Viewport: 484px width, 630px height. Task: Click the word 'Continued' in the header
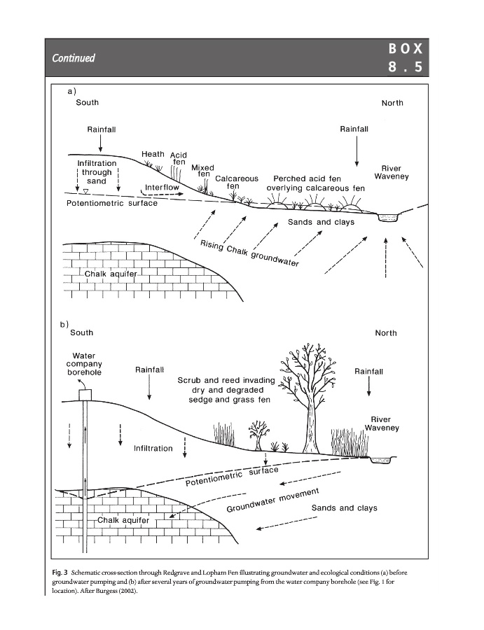tap(72, 57)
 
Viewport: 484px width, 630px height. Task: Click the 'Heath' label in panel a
tap(153, 154)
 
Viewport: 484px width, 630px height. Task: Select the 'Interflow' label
tap(163, 188)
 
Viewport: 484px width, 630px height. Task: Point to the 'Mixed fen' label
tap(202, 171)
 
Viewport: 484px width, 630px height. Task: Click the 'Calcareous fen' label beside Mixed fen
tap(237, 183)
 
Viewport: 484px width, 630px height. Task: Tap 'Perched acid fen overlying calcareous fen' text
tap(316, 183)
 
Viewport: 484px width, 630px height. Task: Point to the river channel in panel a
tap(386, 218)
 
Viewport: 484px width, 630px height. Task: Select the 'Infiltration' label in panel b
tap(153, 448)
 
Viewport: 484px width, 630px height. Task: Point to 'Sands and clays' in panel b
tap(344, 507)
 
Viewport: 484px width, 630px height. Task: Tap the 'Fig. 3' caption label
tap(59, 573)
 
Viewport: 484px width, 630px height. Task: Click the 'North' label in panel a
tap(392, 103)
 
